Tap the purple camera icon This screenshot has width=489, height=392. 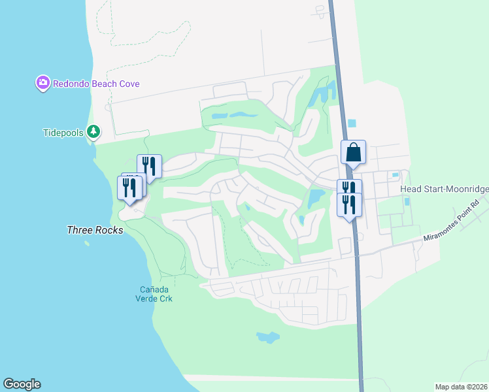click(x=43, y=83)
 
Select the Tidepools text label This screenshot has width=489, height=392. click(x=63, y=133)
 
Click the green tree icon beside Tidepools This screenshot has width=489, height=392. click(x=93, y=132)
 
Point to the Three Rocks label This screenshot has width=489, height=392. click(x=95, y=230)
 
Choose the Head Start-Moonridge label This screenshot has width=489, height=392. click(x=444, y=188)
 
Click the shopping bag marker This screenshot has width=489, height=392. click(x=353, y=153)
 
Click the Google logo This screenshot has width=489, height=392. click(x=22, y=384)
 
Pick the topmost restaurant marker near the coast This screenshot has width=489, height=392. click(x=149, y=166)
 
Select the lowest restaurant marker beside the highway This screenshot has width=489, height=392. click(x=349, y=204)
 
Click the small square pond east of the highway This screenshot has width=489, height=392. click(x=352, y=123)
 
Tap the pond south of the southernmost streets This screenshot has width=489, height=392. click(x=268, y=337)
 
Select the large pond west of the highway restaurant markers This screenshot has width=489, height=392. click(x=316, y=197)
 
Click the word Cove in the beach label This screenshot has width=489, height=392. click(x=128, y=84)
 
